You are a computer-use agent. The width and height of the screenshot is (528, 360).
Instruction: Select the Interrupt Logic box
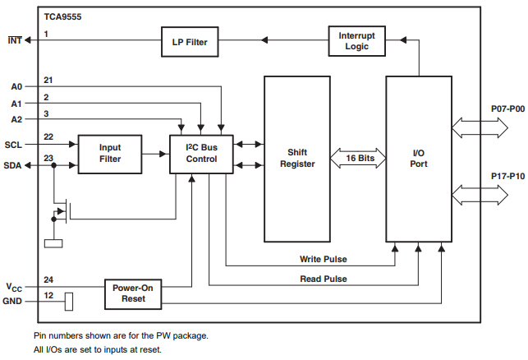(x=356, y=40)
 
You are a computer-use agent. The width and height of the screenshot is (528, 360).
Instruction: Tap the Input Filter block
(x=109, y=154)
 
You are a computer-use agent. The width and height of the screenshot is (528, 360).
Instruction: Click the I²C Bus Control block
(x=200, y=153)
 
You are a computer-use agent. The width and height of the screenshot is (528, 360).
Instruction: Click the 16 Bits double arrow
(x=357, y=157)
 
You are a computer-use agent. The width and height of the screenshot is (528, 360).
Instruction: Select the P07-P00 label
(x=505, y=108)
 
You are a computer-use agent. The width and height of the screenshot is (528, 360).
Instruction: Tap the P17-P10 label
(x=505, y=177)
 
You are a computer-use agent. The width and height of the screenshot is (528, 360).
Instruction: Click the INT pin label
(x=15, y=39)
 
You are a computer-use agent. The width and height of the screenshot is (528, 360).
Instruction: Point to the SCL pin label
(x=13, y=145)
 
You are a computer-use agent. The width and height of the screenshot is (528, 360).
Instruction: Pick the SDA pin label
(x=13, y=165)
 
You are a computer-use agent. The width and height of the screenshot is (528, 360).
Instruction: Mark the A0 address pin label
(x=17, y=86)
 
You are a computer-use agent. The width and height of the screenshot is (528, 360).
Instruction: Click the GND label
(x=14, y=302)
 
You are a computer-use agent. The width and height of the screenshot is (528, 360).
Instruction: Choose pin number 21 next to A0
(x=48, y=80)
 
